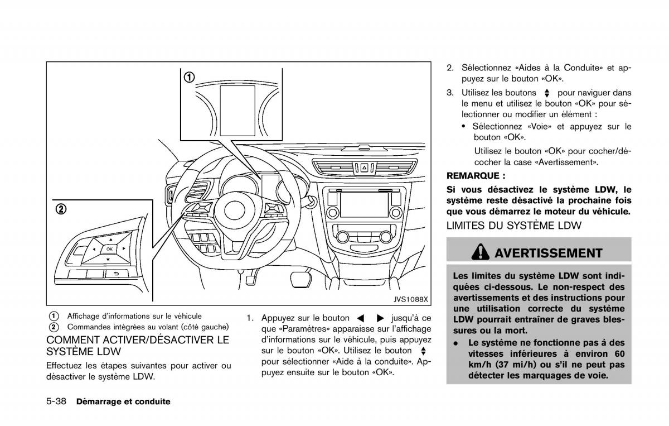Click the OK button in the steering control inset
click(x=109, y=248)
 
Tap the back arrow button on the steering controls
click(x=117, y=273)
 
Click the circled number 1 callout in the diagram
click(x=190, y=77)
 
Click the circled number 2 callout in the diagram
click(x=60, y=209)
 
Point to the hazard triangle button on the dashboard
click(x=363, y=166)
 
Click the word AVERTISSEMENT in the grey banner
click(x=549, y=253)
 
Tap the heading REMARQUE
click(x=471, y=175)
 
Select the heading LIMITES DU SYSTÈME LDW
click(x=513, y=226)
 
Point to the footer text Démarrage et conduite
click(x=123, y=401)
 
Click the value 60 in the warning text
click(x=617, y=353)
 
